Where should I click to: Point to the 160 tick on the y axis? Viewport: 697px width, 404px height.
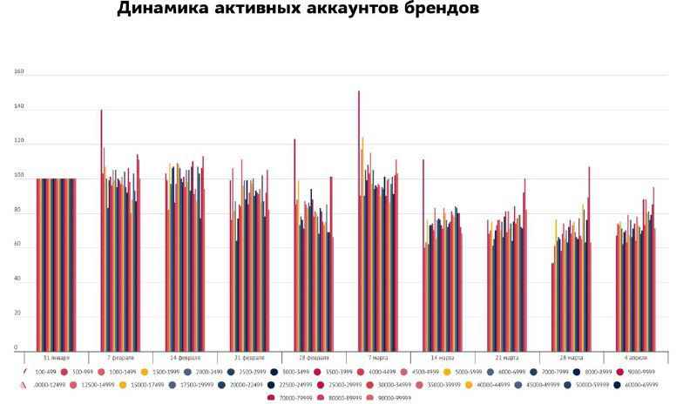point(18,73)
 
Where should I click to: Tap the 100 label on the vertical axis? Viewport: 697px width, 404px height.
point(18,178)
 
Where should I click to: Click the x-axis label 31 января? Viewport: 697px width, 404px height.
point(56,358)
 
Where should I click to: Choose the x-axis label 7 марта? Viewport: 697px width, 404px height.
point(378,358)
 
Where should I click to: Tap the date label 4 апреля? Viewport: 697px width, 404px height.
point(636,358)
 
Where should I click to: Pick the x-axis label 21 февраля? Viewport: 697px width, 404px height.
point(249,358)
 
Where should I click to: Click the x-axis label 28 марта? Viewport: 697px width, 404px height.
point(572,358)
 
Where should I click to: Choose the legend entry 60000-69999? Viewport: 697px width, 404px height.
point(641,384)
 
